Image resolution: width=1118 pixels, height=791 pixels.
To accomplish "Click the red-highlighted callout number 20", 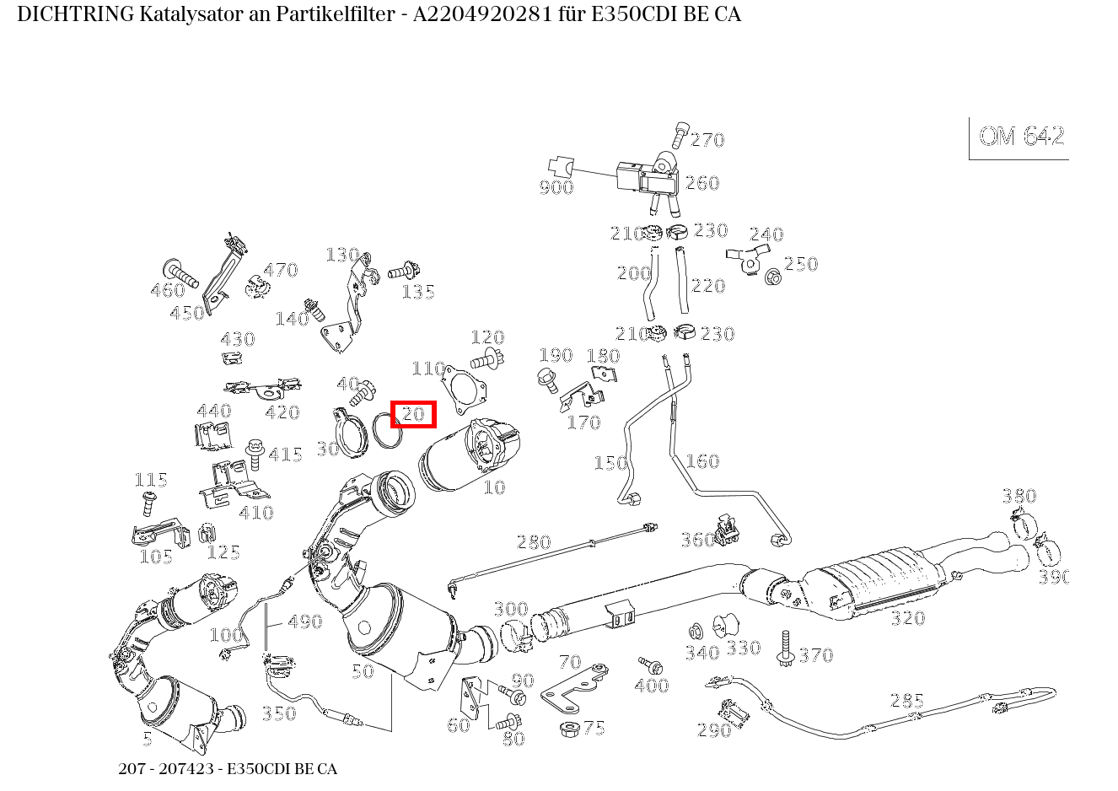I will [x=413, y=414].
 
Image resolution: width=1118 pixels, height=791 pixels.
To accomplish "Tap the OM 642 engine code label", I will [x=1021, y=137].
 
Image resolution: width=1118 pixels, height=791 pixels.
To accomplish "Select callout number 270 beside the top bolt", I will [x=707, y=140].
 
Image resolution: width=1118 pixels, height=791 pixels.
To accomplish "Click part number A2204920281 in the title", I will [x=476, y=14].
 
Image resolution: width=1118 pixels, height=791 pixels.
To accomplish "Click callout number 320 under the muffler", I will [x=907, y=619].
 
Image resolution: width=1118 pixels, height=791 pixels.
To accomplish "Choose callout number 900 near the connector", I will [x=556, y=187].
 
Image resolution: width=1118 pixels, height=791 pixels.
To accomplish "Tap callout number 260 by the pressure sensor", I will [x=701, y=183].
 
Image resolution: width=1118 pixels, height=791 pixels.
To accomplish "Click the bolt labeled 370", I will [x=786, y=648].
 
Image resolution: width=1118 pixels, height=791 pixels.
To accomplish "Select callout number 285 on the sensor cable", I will [x=906, y=701].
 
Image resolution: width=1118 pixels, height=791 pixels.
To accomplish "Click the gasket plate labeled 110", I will [x=465, y=389].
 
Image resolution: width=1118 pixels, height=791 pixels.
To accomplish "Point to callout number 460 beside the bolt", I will [x=167, y=291].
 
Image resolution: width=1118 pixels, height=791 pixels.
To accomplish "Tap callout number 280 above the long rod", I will [x=533, y=542].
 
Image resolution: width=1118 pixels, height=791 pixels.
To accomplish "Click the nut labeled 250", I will [x=772, y=276].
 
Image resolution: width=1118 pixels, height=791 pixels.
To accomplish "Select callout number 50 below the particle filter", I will [x=362, y=672].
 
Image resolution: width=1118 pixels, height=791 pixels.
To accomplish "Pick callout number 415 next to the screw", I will [x=285, y=455].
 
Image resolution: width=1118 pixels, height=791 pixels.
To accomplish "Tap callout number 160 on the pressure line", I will [x=701, y=461].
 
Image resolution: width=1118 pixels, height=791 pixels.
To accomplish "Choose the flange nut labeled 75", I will [x=567, y=727].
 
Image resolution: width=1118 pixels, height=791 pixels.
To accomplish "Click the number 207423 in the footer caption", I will [x=176, y=769].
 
